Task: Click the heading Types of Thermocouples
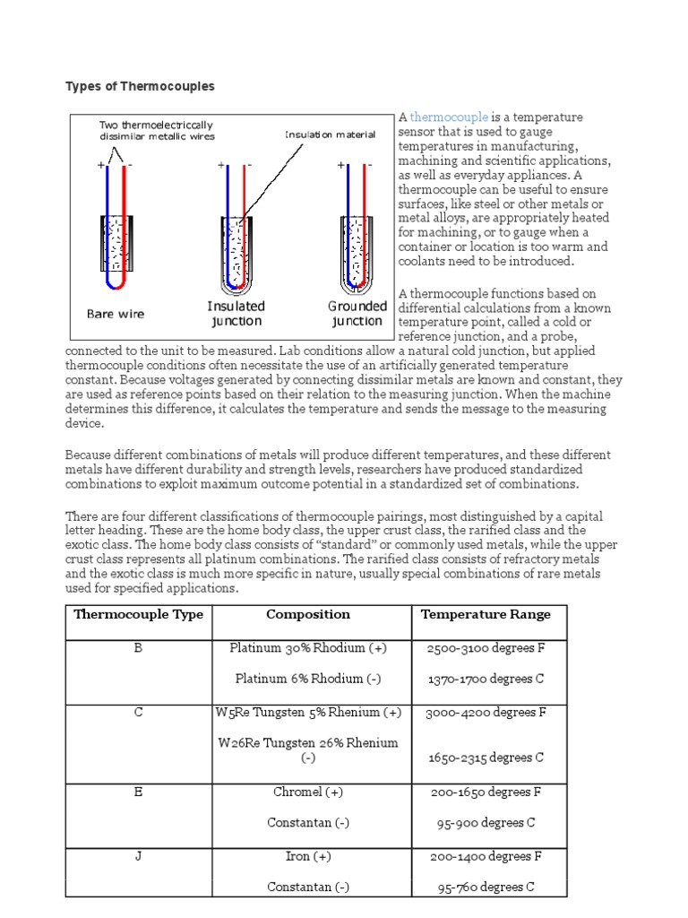coord(140,86)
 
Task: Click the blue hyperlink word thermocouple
coord(449,117)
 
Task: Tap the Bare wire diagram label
coord(115,314)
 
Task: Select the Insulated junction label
coord(236,314)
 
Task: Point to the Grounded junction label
coord(357,314)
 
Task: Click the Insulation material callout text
coord(331,135)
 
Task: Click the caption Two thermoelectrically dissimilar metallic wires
coord(157,131)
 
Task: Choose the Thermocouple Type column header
coord(138,615)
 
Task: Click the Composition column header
coord(308,615)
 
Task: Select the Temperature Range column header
coord(486,615)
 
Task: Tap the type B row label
coord(138,648)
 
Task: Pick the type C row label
coord(138,713)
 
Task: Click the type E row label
coord(138,792)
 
